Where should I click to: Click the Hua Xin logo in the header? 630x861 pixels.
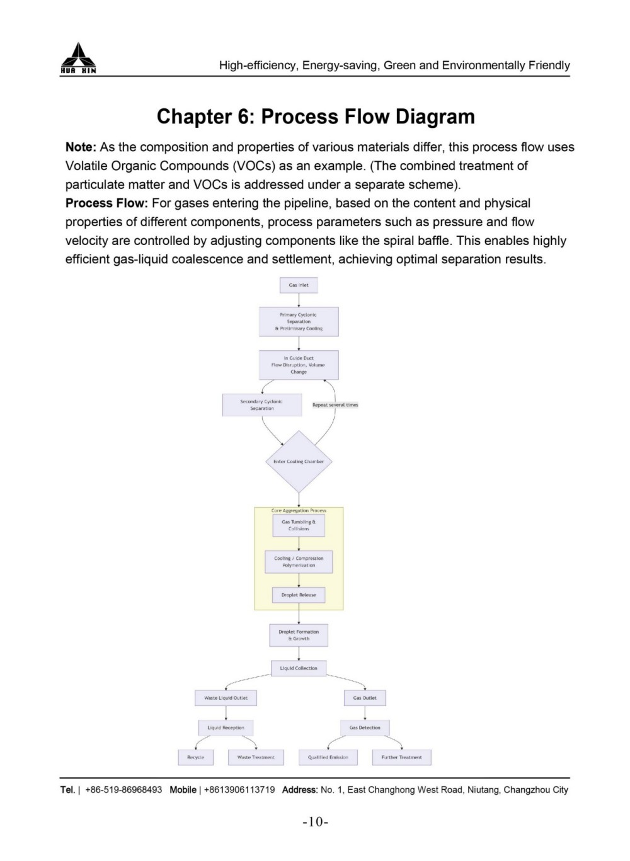coord(78,59)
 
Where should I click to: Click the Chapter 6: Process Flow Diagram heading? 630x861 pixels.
coord(316,117)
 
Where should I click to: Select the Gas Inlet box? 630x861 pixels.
coord(299,285)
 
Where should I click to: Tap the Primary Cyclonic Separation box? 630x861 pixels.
coord(299,321)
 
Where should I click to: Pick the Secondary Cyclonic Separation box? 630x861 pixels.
coord(261,405)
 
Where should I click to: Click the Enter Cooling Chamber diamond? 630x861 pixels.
coord(299,462)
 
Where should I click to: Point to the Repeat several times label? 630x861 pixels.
coord(335,405)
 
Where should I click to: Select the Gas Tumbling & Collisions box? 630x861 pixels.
coord(299,525)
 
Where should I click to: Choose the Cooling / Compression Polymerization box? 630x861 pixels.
coord(299,562)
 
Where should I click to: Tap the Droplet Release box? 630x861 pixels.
coord(299,595)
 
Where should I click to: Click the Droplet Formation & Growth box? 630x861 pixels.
coord(299,635)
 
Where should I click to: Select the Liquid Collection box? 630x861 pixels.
coord(299,668)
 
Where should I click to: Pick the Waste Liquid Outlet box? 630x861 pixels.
coord(226,698)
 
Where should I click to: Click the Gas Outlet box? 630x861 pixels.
coord(365,698)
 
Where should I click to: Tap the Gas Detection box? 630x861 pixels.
coord(365,727)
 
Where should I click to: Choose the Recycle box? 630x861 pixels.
coord(195,757)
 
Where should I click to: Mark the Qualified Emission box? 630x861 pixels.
coord(328,757)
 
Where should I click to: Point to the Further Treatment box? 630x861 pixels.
coord(401,757)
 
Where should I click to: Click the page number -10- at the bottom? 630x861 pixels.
coord(315,822)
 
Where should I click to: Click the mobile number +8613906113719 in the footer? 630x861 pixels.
coord(239,790)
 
